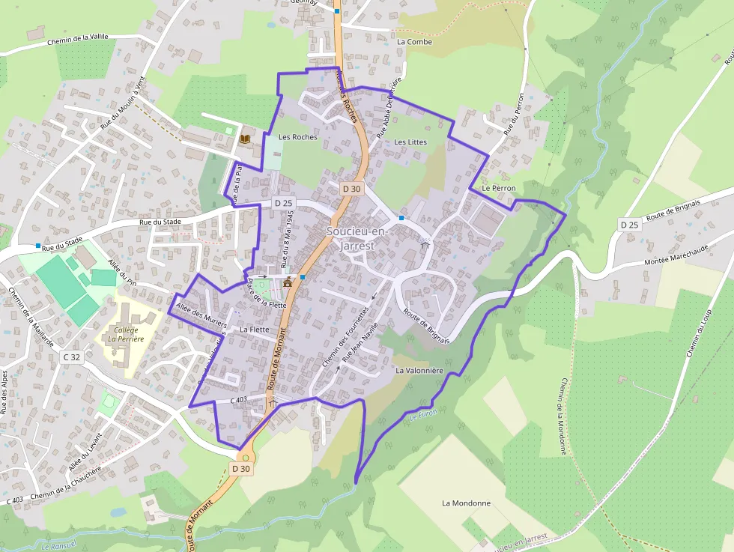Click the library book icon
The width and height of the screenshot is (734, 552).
(244, 139)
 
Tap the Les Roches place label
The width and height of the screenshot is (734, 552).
(297, 137)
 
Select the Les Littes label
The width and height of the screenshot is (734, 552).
(410, 142)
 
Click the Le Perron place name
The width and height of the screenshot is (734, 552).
(499, 188)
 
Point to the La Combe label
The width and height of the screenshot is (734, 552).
(414, 42)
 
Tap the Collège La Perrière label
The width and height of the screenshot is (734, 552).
(125, 334)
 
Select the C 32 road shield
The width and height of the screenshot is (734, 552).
(72, 357)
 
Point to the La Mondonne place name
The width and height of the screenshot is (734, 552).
(466, 503)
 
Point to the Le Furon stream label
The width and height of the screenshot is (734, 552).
(422, 414)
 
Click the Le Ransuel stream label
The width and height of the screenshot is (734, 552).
(55, 546)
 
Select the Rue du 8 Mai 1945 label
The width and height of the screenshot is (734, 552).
(285, 238)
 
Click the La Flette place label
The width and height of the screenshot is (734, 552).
(255, 329)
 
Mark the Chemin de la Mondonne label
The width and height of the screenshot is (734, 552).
(562, 416)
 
